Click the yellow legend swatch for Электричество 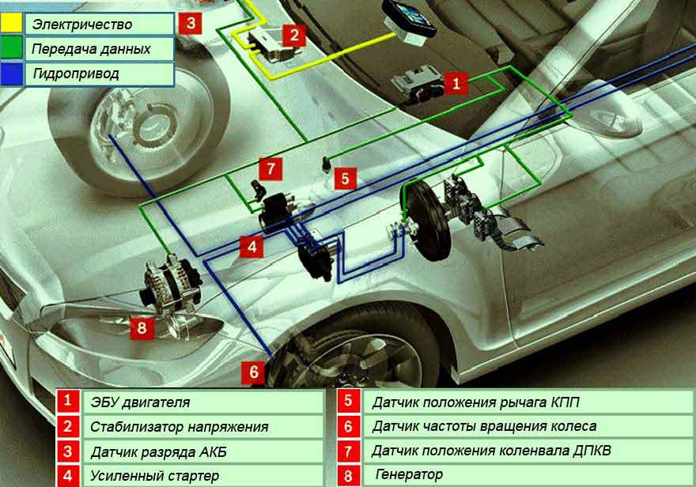12,22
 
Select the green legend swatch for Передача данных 12,48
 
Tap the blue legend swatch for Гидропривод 12,74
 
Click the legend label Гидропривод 76,74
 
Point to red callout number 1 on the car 456,81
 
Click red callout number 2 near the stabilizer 293,34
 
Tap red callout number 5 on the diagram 345,178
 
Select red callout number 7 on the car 270,168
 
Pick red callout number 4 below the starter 252,247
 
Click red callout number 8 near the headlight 142,327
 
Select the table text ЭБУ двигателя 140,402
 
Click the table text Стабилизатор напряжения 179,427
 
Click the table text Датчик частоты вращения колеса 484,427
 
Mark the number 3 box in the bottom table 69,451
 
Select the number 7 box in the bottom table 348,451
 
